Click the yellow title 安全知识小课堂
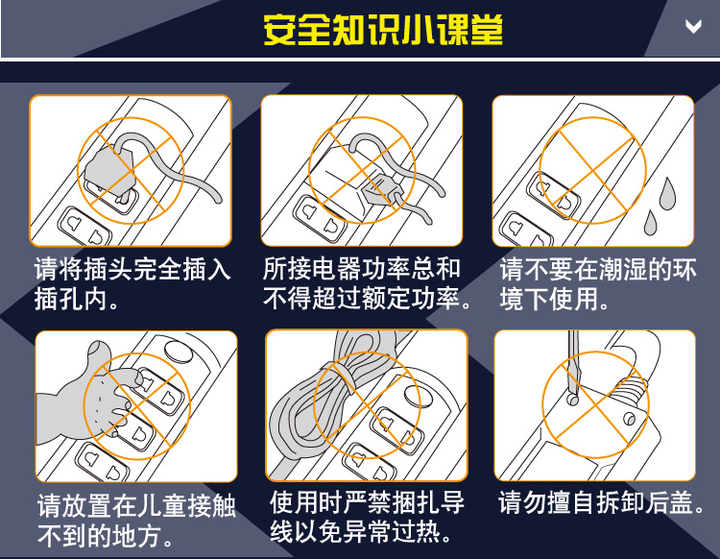(x=383, y=30)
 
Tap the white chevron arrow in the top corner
(x=693, y=26)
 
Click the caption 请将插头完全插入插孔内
(x=132, y=283)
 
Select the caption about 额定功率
(x=367, y=283)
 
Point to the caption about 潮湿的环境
(x=598, y=283)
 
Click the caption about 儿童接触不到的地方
(x=137, y=521)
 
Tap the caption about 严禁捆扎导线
(x=367, y=517)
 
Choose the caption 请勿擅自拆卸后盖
(x=602, y=502)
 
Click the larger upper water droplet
(x=667, y=191)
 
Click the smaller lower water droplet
(x=650, y=222)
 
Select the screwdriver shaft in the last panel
(x=573, y=363)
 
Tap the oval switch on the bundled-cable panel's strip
(x=419, y=396)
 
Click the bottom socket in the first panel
(x=85, y=228)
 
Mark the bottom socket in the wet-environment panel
(x=527, y=229)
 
